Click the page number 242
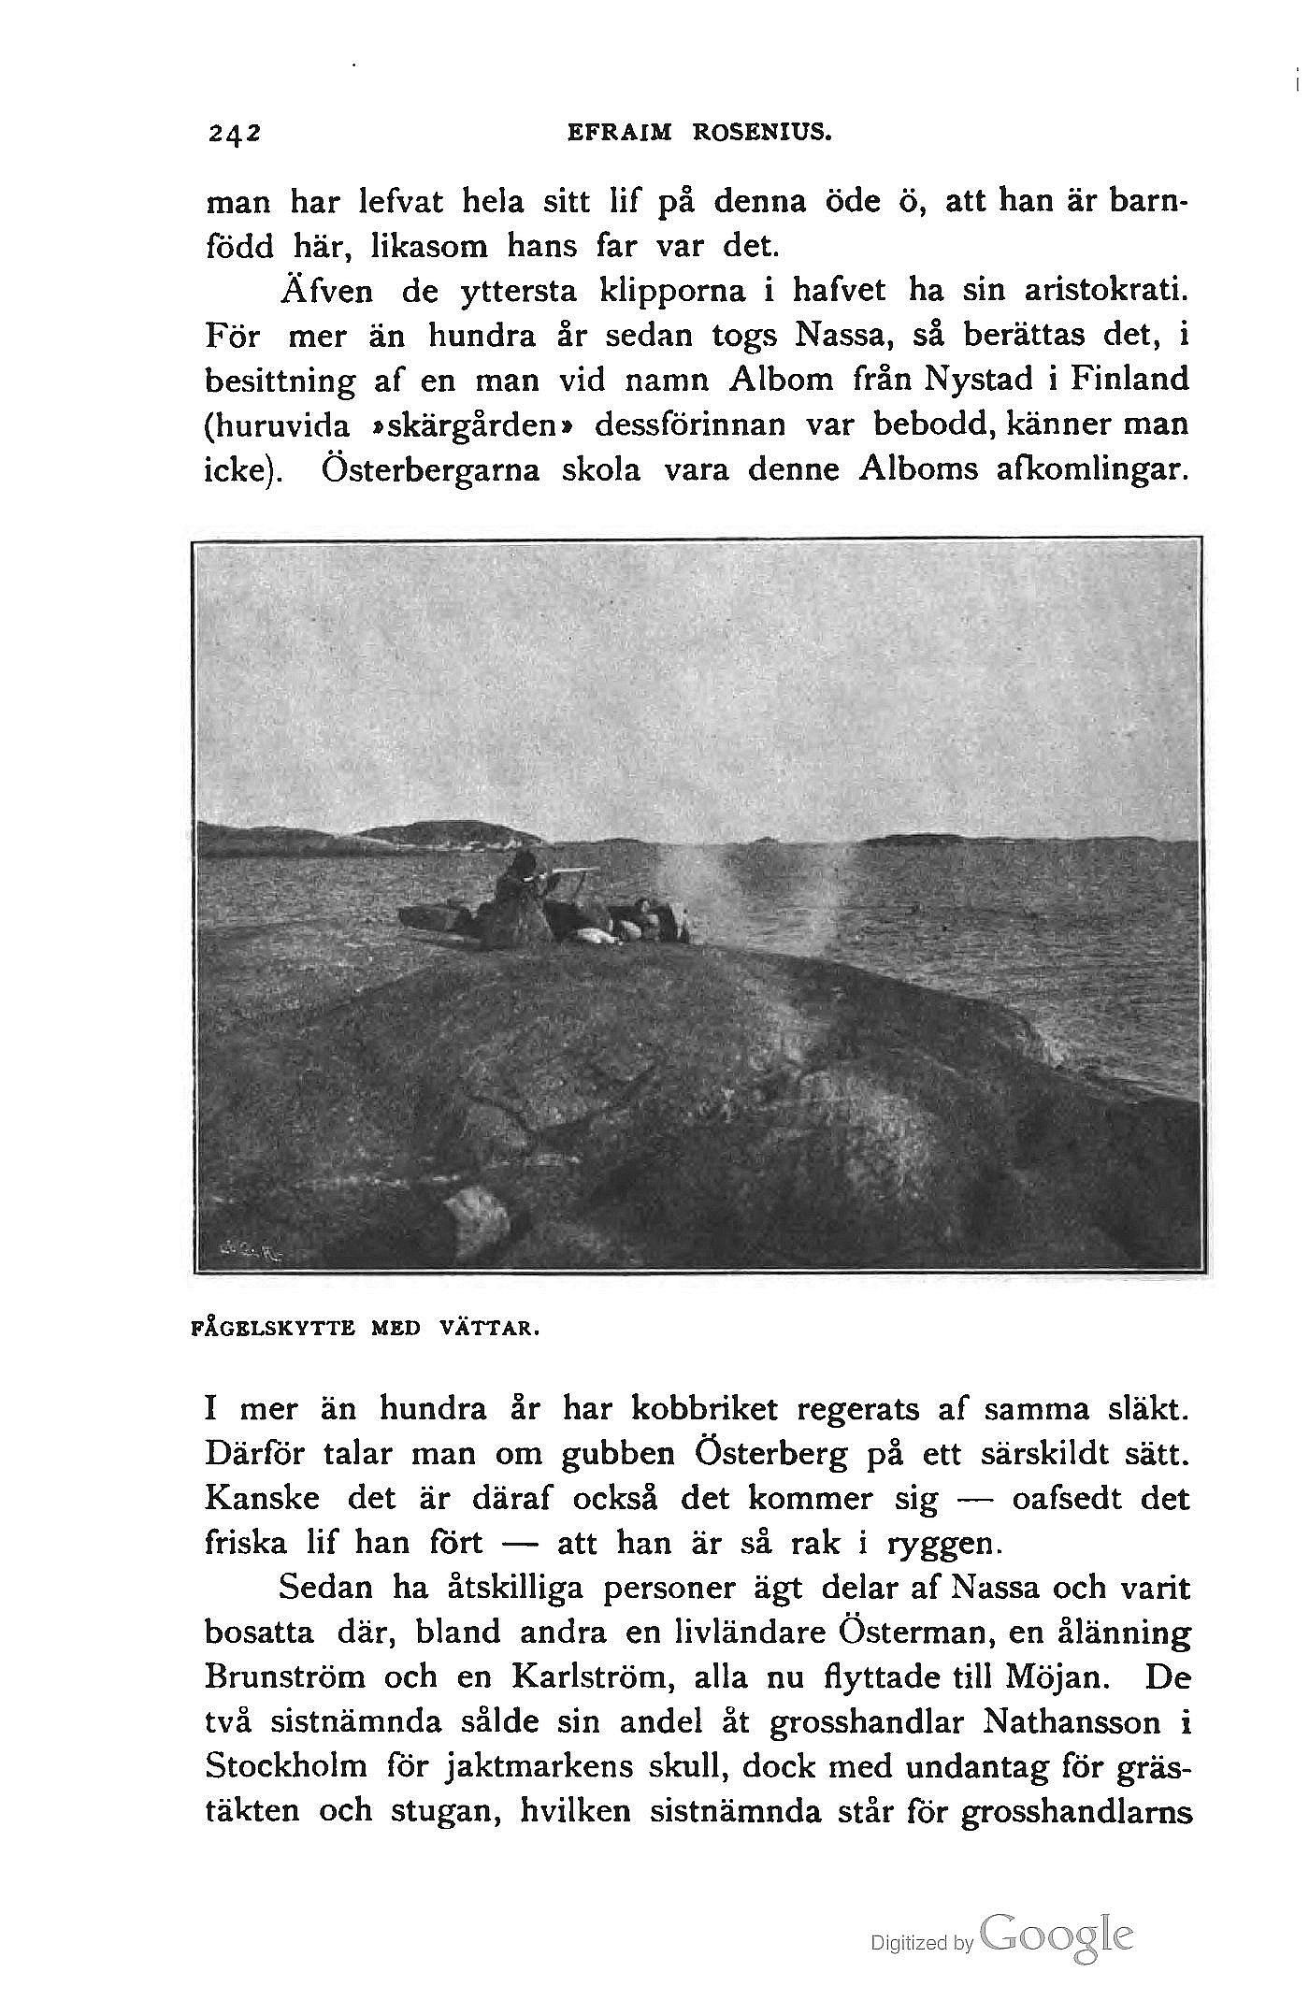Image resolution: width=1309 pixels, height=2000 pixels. (234, 134)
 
